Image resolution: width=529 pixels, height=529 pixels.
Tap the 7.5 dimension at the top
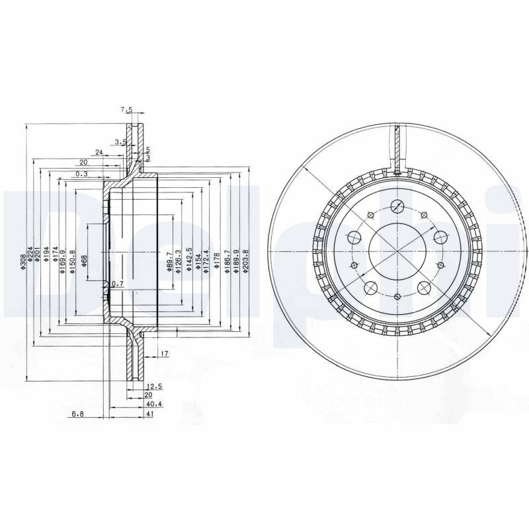click(126, 109)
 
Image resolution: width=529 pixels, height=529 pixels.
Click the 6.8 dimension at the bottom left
click(78, 415)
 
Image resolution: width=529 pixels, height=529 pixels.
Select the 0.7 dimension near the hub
click(118, 284)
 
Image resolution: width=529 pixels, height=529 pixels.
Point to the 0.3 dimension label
click(82, 174)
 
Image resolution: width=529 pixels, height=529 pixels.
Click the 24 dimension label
click(99, 152)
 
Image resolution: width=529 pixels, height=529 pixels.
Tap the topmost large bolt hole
click(397, 205)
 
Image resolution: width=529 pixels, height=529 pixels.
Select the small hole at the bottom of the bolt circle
click(396, 298)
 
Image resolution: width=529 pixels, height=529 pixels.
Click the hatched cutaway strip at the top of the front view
click(397, 147)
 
